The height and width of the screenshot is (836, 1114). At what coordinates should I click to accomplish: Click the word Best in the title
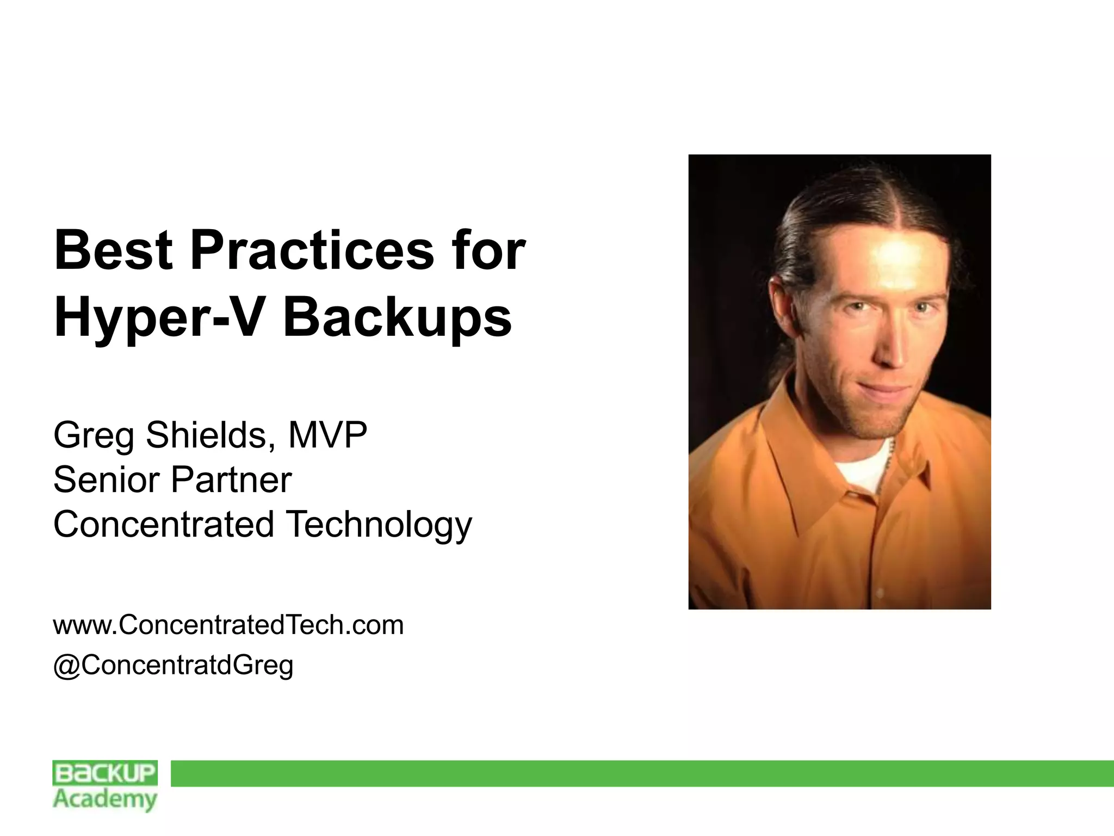[113, 250]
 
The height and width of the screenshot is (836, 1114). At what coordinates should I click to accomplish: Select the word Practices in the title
[312, 250]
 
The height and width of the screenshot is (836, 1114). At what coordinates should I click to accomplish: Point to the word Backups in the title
[397, 318]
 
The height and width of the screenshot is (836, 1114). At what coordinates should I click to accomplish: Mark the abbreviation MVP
[327, 435]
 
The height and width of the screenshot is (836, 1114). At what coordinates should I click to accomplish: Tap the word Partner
[232, 480]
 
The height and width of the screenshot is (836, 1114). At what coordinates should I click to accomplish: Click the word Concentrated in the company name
[163, 524]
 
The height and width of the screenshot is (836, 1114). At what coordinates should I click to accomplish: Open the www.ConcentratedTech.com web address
[228, 625]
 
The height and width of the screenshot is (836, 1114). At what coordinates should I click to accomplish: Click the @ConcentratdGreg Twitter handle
[173, 665]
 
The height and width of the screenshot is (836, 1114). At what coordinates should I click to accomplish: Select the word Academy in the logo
[105, 800]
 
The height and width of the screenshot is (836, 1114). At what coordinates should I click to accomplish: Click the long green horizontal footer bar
[642, 773]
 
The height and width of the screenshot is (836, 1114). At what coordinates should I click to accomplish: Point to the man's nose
[892, 348]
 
